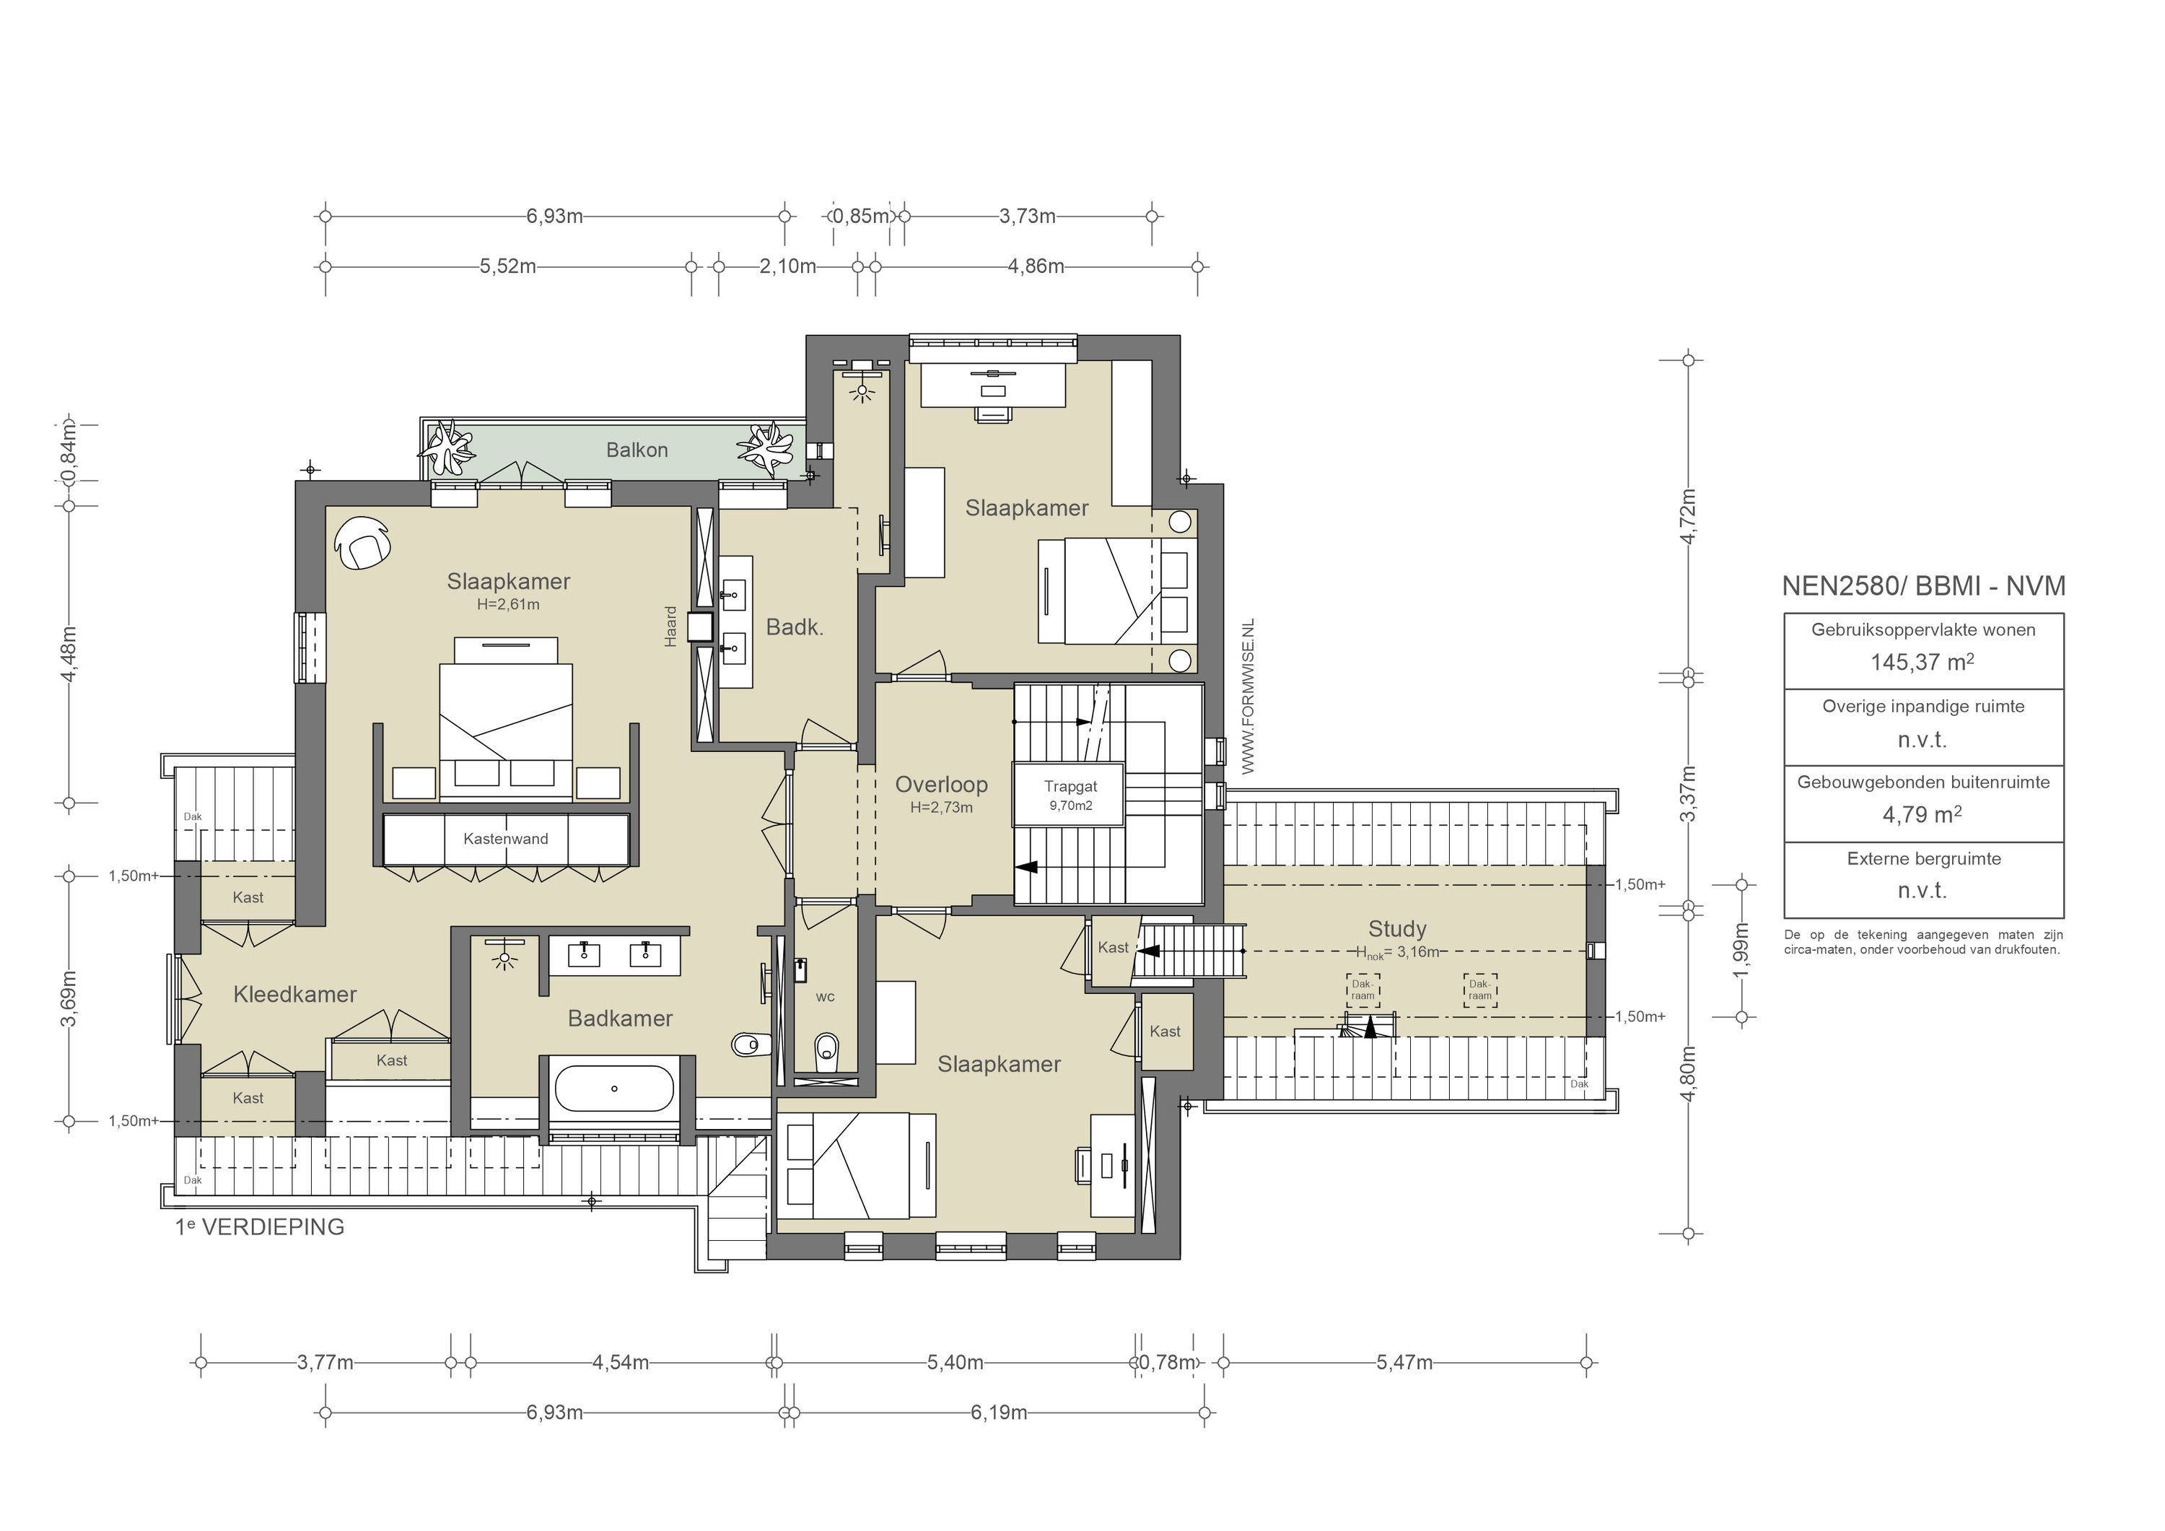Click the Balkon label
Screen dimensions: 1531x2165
click(x=637, y=450)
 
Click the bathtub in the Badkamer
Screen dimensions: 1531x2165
click(x=614, y=1089)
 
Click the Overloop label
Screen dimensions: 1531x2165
click(x=941, y=784)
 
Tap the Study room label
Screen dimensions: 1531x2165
click(x=1396, y=928)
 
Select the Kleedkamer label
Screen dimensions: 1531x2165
click(x=294, y=994)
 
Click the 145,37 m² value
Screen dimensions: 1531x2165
click(x=1922, y=662)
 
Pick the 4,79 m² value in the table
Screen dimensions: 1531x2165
click(x=1922, y=814)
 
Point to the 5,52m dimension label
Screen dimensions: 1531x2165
click(x=507, y=266)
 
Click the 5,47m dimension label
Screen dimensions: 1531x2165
click(x=1404, y=1362)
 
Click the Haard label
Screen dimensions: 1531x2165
click(x=670, y=627)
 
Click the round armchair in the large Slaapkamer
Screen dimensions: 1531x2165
click(x=363, y=544)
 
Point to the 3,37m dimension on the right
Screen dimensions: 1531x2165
click(x=1689, y=793)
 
